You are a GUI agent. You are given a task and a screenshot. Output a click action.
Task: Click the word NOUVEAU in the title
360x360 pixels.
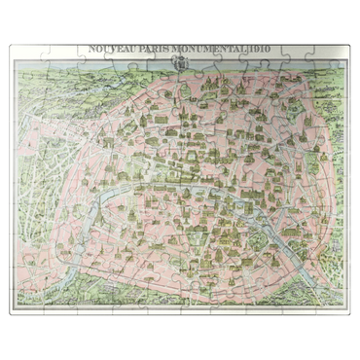(110, 49)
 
